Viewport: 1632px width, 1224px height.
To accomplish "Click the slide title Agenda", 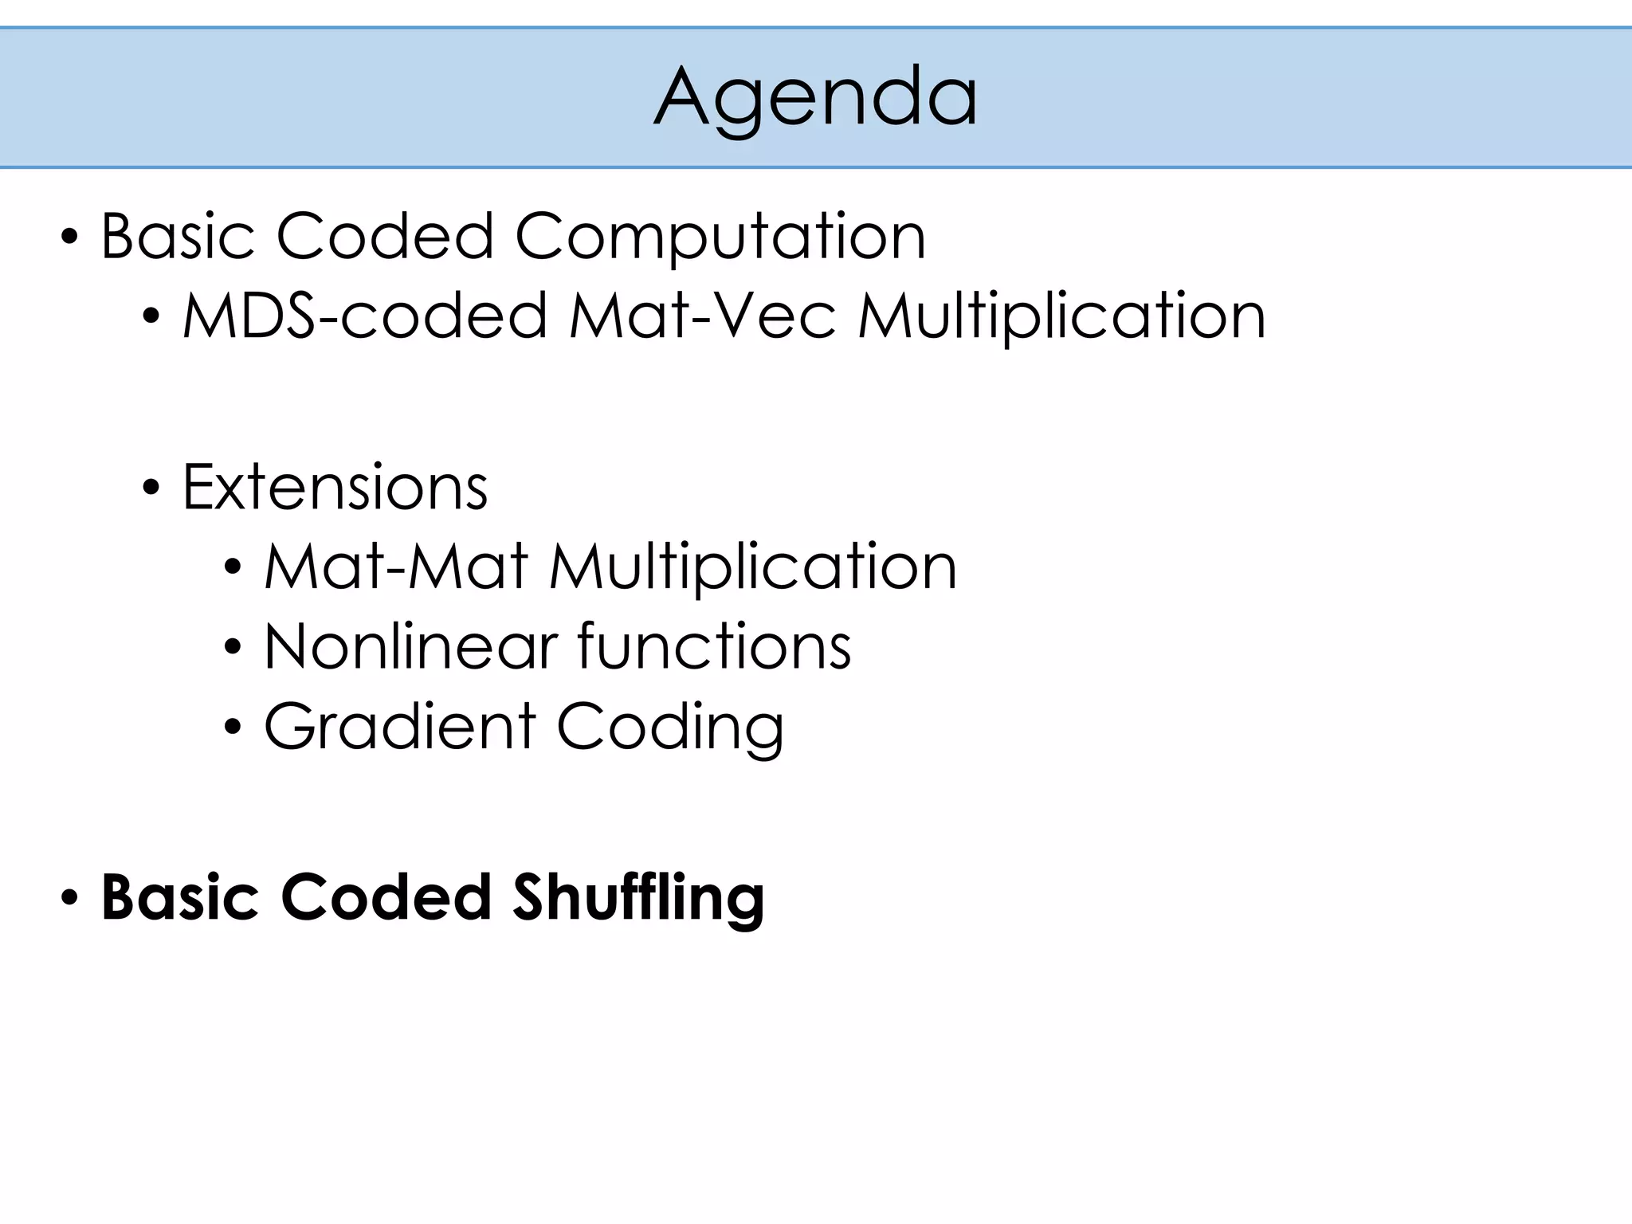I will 815,97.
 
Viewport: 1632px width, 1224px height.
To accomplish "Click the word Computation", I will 720,237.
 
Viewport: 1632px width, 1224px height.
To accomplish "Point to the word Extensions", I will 335,487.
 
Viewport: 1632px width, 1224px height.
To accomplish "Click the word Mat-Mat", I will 396,567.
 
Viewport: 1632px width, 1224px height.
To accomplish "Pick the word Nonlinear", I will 410,646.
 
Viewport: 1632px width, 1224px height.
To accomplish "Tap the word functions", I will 714,646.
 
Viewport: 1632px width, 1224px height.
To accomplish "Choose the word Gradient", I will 399,727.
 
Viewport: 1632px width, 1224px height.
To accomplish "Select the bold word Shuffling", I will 638,898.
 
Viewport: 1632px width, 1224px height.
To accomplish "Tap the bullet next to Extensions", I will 151,487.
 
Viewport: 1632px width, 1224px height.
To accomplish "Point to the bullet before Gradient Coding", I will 233,727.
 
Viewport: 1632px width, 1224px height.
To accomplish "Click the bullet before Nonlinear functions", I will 233,646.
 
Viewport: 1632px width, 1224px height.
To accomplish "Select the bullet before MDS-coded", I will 151,316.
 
